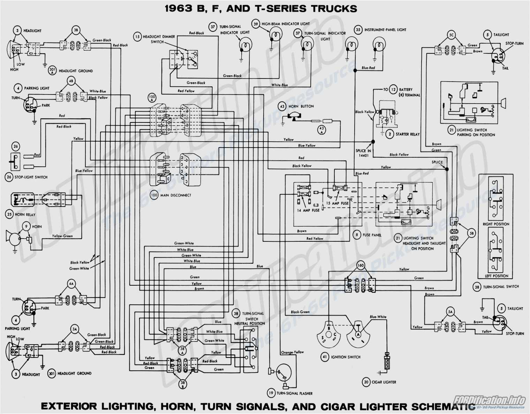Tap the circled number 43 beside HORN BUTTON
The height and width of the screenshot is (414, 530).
[x=282, y=106]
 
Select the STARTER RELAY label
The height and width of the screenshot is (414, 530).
[x=407, y=134]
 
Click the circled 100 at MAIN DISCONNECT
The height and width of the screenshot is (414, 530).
[x=154, y=195]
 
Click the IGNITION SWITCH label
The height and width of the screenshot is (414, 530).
[x=346, y=357]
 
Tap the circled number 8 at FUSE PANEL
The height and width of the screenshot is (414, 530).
[x=356, y=235]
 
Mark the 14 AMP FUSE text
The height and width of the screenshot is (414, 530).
[x=308, y=210]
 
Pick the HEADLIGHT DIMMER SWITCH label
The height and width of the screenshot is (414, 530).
[x=159, y=39]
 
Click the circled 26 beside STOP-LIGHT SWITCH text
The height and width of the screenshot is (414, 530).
[x=9, y=177]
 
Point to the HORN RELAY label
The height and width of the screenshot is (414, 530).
[x=25, y=214]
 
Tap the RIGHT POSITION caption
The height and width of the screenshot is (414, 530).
[x=496, y=224]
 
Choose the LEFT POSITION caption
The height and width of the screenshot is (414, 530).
[x=496, y=276]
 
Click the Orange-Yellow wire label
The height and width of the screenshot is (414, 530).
[x=292, y=352]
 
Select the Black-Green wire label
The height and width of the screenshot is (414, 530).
[x=300, y=312]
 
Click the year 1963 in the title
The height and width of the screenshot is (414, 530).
[x=179, y=9]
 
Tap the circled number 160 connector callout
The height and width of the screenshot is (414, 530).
[x=360, y=265]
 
